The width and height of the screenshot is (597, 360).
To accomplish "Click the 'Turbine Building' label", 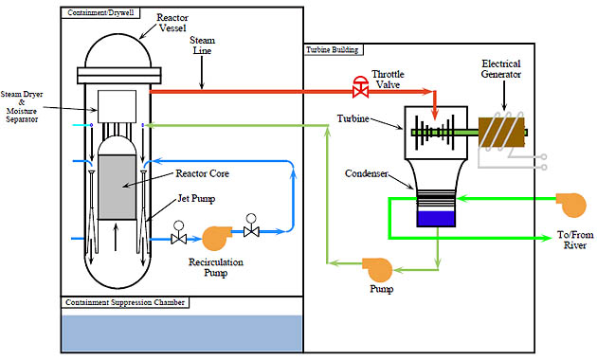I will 331,48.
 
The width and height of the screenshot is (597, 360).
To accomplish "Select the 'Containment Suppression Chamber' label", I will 124,303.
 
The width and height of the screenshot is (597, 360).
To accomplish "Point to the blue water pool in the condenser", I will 437,217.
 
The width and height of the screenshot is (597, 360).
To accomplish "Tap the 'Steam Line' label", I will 202,45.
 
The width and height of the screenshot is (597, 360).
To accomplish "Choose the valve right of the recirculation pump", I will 251,229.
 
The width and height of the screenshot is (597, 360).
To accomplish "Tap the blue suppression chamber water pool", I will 181,333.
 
